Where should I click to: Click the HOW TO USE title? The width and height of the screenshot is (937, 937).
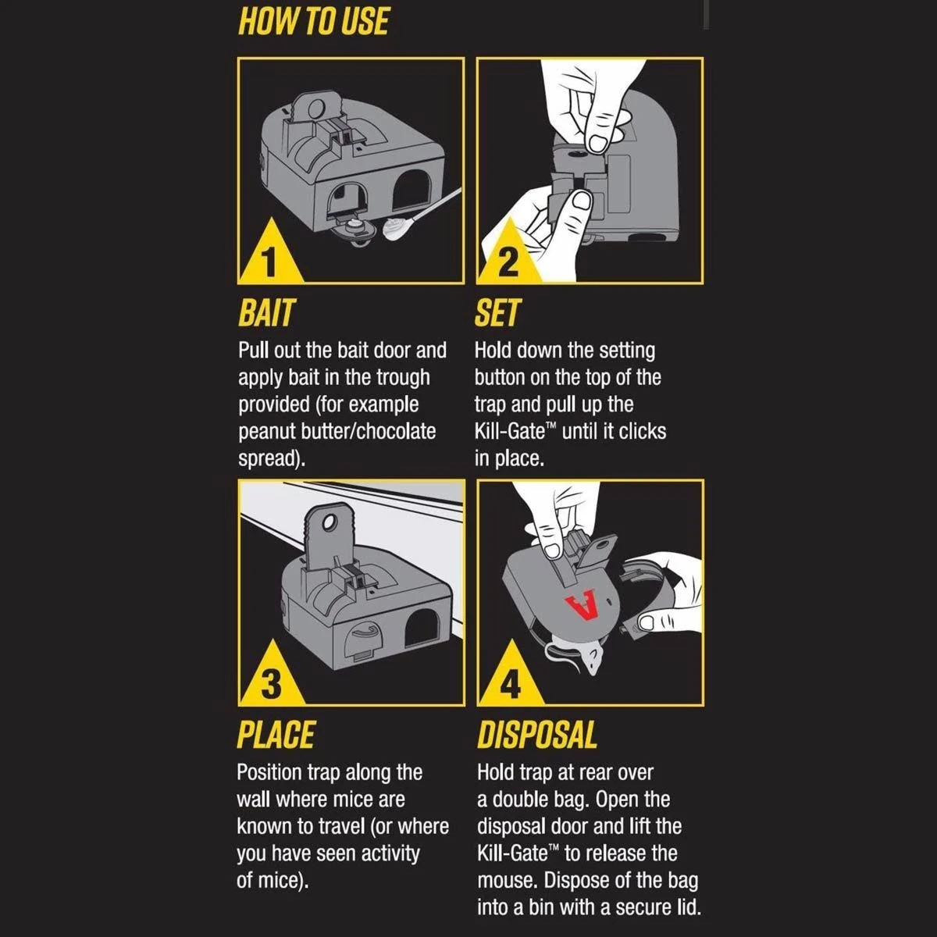314,22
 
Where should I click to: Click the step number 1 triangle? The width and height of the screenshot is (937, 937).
270,253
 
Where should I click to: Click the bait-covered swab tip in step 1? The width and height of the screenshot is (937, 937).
397,230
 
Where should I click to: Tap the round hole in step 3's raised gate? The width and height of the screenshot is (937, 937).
330,522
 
